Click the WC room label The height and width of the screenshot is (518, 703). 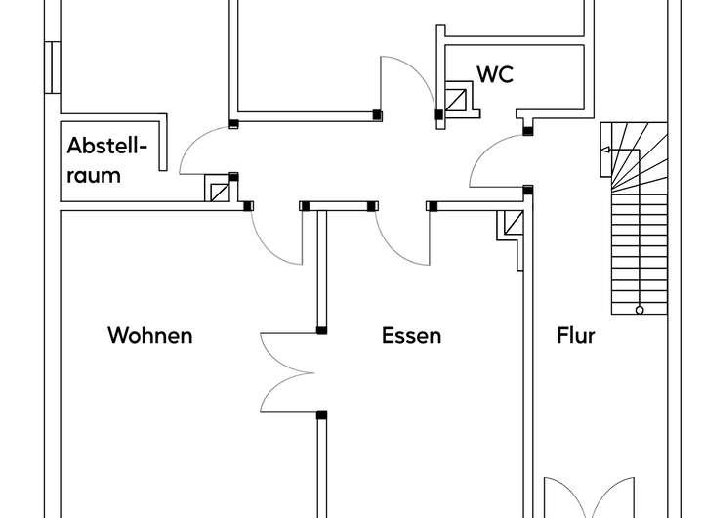click(x=494, y=74)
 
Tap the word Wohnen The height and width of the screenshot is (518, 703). click(x=149, y=335)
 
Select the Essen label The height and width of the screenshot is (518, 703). click(x=411, y=335)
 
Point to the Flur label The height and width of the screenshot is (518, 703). click(x=575, y=335)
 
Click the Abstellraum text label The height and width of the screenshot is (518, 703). click(x=106, y=161)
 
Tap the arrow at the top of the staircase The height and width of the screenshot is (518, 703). click(x=605, y=150)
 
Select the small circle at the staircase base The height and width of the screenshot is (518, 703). click(x=640, y=310)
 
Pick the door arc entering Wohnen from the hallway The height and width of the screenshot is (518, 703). click(x=274, y=239)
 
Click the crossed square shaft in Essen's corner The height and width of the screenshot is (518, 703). click(x=512, y=225)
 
